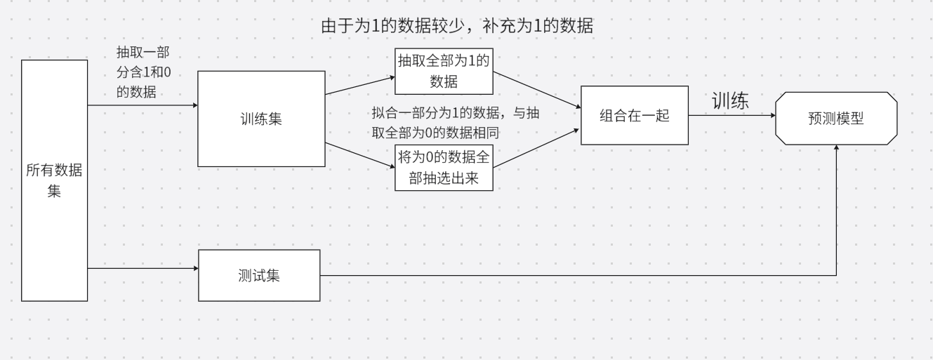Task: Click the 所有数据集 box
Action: [54, 180]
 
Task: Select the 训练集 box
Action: [261, 119]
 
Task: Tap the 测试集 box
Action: [259, 275]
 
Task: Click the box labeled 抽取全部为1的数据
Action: [443, 72]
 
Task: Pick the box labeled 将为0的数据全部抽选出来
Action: [443, 167]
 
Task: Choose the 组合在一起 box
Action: [635, 116]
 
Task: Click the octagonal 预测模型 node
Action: [836, 118]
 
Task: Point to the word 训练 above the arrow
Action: [730, 101]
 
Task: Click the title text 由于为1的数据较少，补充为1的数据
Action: [458, 27]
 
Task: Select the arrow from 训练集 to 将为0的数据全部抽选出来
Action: [359, 154]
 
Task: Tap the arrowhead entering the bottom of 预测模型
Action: [836, 149]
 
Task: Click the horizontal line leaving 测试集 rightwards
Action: [562, 275]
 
